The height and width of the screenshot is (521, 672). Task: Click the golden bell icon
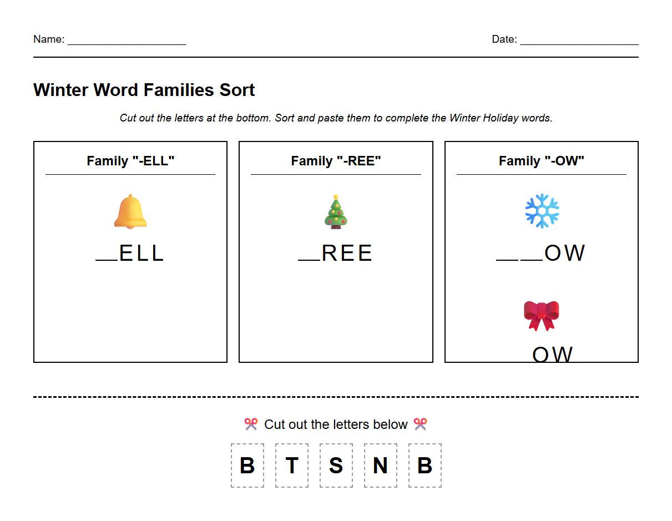tap(130, 211)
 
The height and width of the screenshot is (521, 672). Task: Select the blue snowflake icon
tap(542, 211)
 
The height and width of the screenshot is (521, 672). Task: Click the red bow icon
tap(541, 315)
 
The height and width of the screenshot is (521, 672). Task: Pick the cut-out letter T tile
tap(292, 466)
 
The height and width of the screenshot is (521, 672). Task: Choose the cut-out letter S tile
tap(336, 466)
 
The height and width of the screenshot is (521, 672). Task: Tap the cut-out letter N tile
tap(381, 466)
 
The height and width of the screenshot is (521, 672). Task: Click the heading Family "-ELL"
tap(130, 161)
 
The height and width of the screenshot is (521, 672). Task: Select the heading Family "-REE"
tap(336, 161)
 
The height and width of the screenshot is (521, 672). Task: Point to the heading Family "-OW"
tap(541, 161)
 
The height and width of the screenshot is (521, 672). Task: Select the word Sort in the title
tap(237, 90)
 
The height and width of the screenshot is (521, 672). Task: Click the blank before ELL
tap(107, 259)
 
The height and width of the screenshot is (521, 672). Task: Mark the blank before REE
tap(309, 259)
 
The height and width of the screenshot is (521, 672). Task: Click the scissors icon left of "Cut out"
tap(251, 424)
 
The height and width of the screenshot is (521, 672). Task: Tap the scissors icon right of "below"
tap(420, 424)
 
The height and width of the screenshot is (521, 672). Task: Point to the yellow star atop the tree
tap(336, 197)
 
